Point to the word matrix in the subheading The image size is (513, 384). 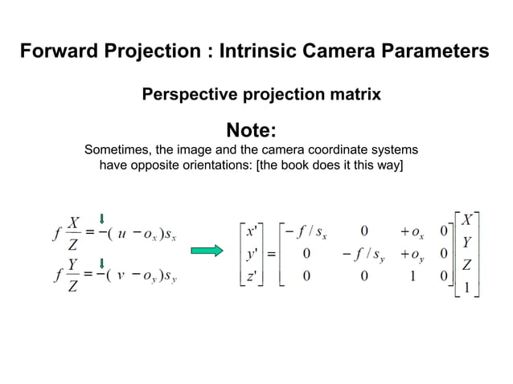pos(354,95)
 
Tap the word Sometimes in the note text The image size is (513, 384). pos(118,150)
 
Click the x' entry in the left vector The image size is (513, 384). pos(252,231)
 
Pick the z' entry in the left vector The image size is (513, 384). pos(252,277)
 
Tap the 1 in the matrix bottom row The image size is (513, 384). pos(412,277)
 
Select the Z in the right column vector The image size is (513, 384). pos(467,263)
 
